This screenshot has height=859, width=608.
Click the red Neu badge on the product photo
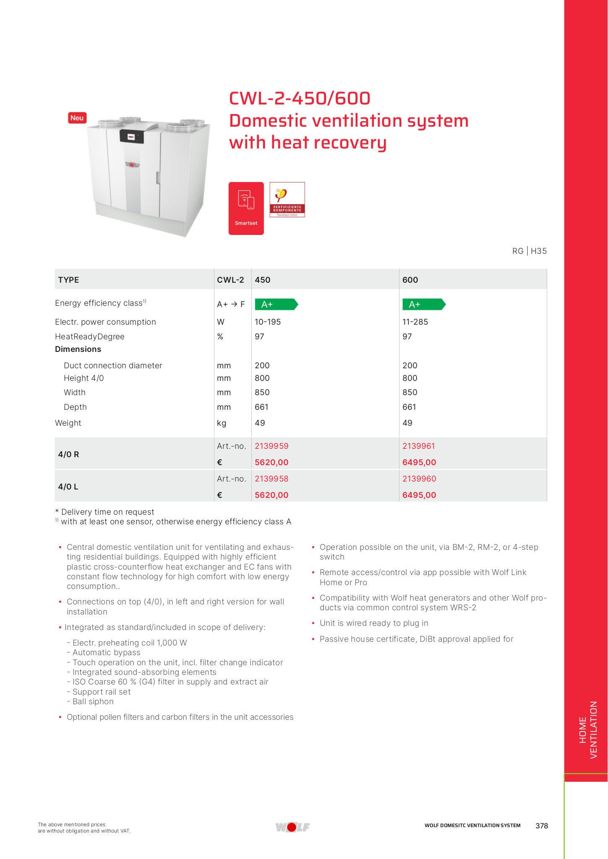(x=77, y=118)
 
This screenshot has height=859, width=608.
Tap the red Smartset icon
(x=246, y=208)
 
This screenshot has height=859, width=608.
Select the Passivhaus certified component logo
(x=287, y=200)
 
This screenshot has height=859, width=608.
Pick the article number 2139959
(x=271, y=446)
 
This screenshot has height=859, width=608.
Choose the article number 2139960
(x=419, y=479)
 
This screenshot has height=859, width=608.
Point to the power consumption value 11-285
(x=415, y=322)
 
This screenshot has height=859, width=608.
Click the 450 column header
(x=263, y=280)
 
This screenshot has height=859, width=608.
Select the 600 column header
(x=410, y=280)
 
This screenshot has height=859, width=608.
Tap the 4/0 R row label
(x=68, y=454)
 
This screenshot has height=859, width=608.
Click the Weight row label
(x=68, y=423)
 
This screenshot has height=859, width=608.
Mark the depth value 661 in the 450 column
(x=261, y=407)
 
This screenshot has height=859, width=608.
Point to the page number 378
(x=542, y=825)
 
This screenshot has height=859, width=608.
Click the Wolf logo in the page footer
(x=292, y=827)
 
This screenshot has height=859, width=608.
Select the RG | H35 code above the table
(x=529, y=251)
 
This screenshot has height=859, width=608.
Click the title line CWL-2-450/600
(x=300, y=99)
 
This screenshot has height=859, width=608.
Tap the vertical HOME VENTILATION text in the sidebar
(x=588, y=730)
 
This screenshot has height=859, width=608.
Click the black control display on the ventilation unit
(x=132, y=136)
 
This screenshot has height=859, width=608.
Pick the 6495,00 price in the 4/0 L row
(x=419, y=495)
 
